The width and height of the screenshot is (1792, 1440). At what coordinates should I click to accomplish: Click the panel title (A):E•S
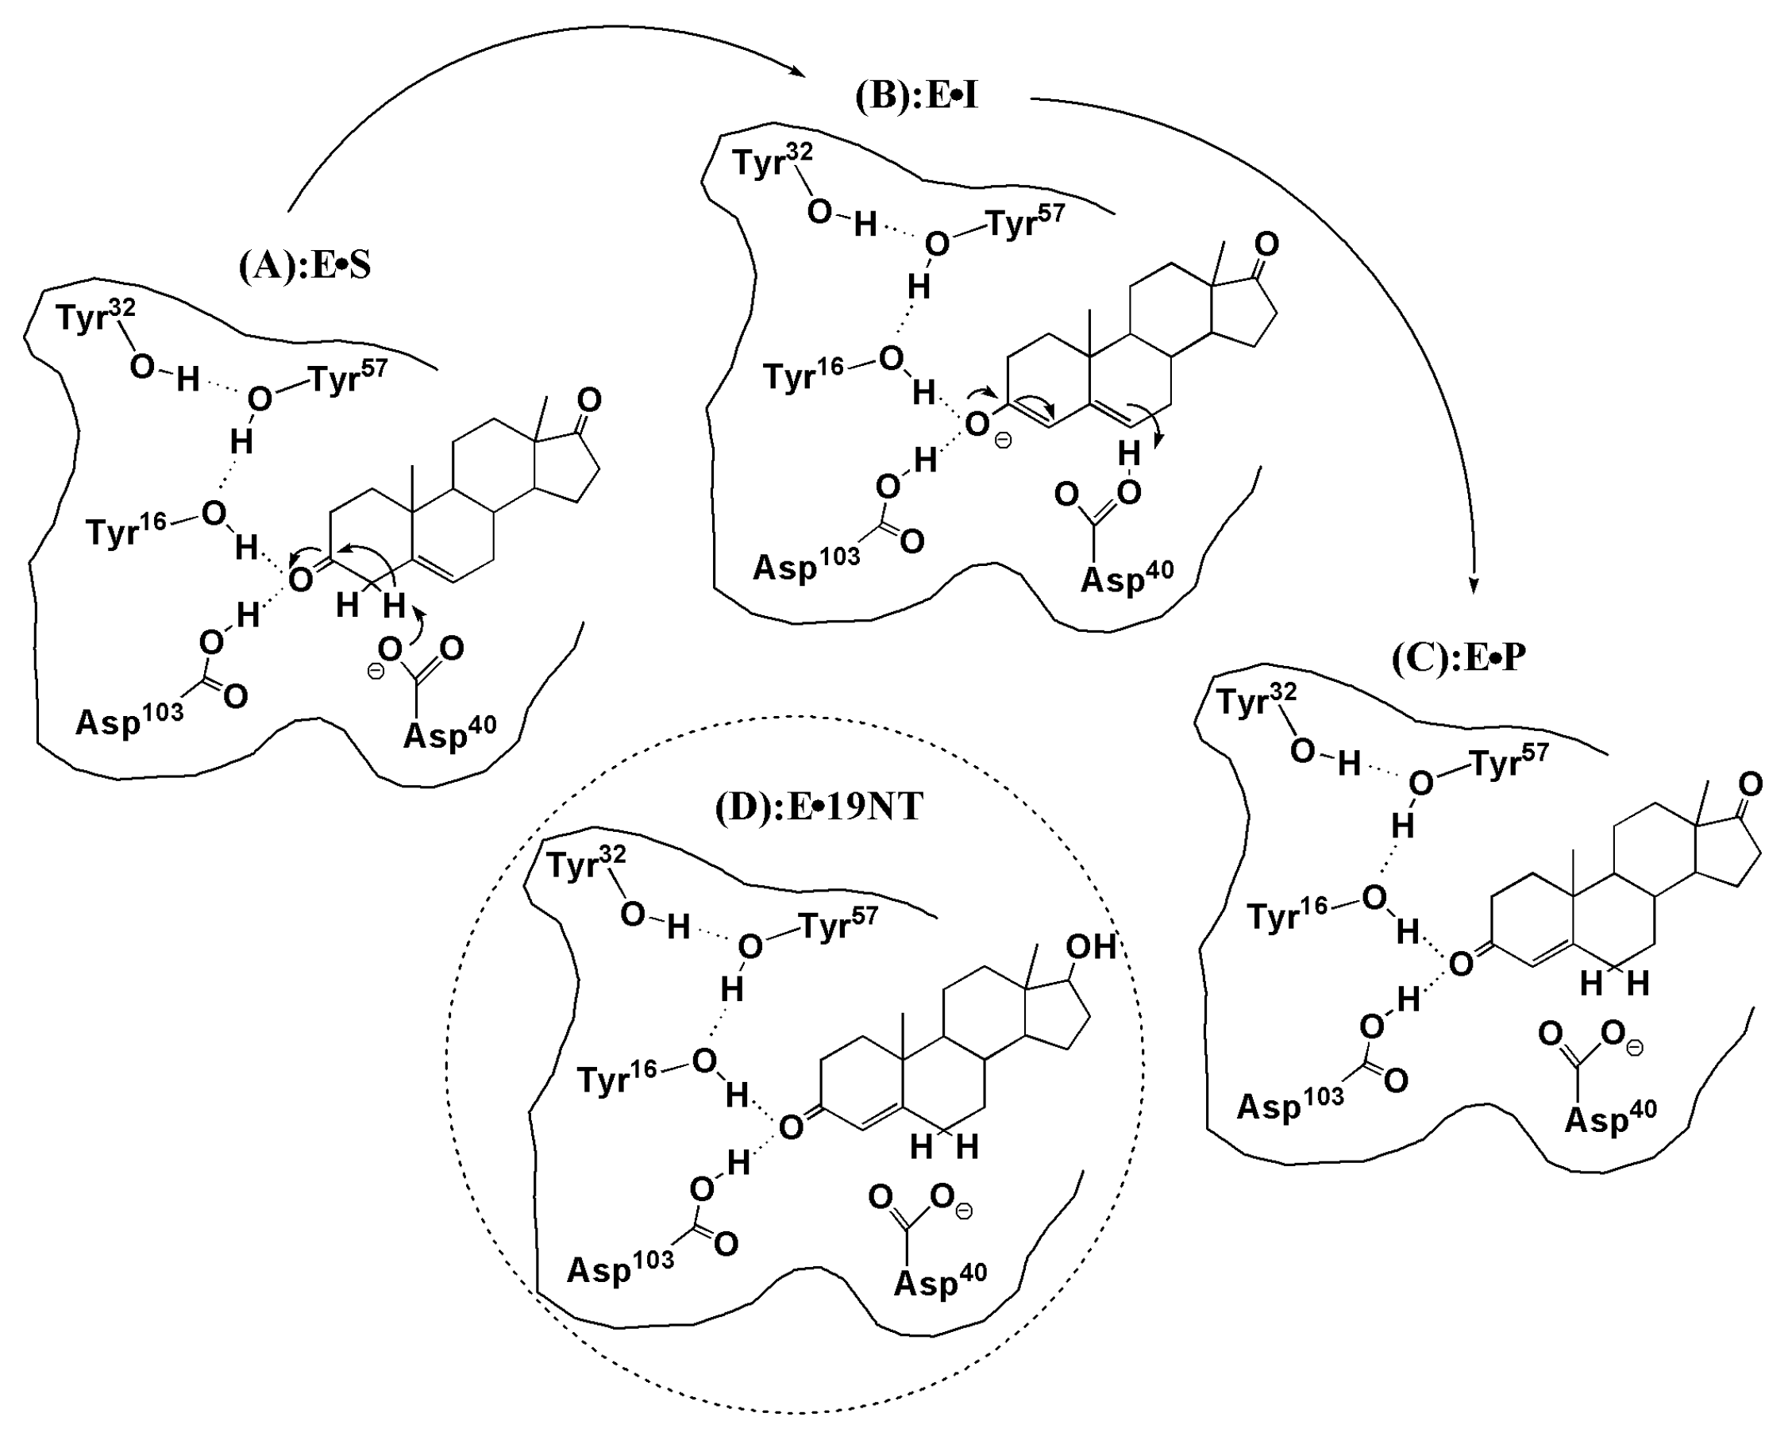pos(304,266)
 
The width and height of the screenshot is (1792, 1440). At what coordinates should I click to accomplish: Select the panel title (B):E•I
pos(916,97)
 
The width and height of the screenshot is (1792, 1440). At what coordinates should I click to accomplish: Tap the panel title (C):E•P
pos(1459,658)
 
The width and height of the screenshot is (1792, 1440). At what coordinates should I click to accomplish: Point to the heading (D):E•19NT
pos(819,807)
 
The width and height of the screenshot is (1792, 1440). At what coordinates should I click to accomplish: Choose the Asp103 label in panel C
pos(1290,1104)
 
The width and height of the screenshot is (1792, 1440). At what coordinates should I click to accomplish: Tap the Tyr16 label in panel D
pos(616,1078)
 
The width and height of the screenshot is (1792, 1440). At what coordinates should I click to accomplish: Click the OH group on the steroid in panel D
pos(1090,946)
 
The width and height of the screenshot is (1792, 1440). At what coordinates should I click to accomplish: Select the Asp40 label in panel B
pos(1126,576)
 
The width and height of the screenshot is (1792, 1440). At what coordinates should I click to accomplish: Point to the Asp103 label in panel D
pos(620,1267)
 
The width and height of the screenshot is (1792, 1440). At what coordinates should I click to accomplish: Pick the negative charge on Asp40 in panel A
pos(376,670)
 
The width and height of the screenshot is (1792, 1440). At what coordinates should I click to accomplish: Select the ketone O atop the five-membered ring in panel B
pos(1266,244)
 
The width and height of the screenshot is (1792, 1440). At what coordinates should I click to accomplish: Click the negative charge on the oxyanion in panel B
pos(1004,441)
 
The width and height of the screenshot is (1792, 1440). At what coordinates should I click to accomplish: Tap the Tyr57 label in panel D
pos(838,923)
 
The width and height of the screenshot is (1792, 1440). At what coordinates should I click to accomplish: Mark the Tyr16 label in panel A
pos(126,529)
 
